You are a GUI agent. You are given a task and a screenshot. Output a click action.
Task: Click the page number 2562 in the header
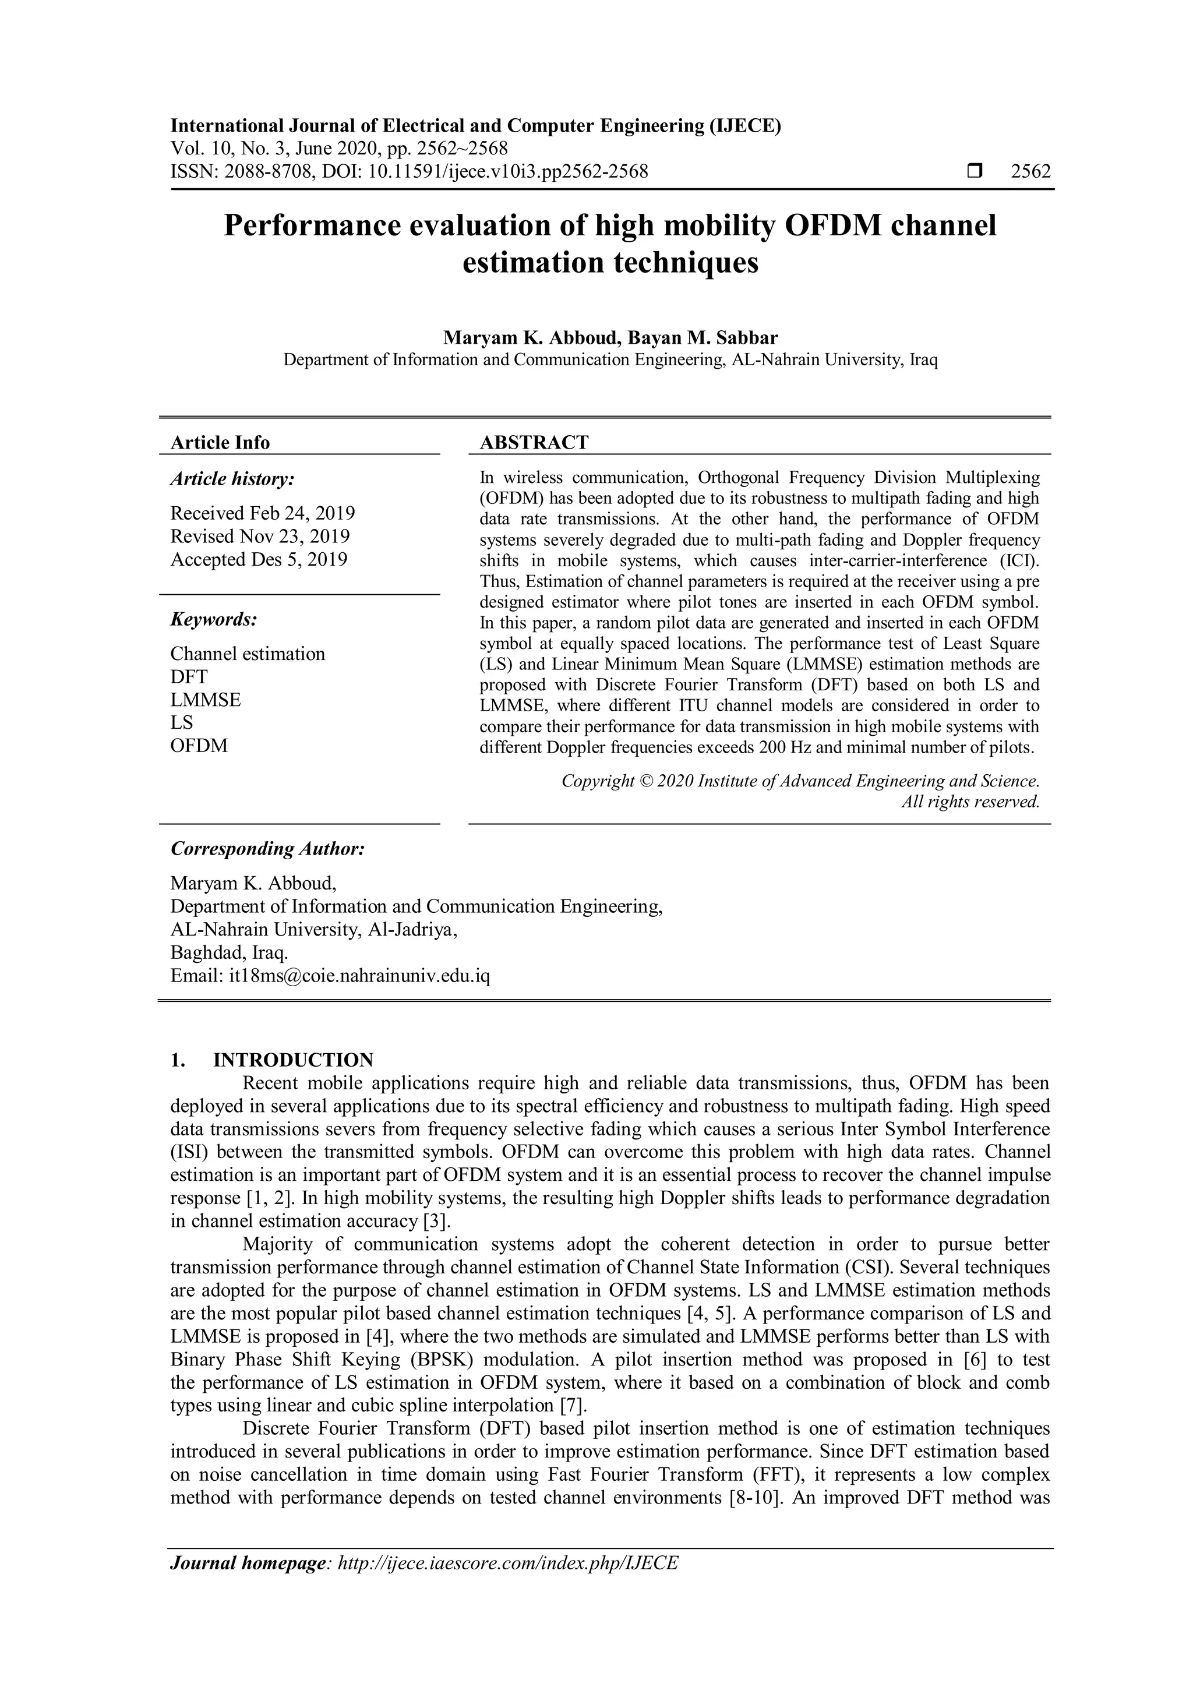(x=1030, y=172)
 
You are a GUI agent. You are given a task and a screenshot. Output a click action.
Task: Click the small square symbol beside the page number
(x=975, y=172)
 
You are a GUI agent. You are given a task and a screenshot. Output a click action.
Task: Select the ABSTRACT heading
(x=534, y=442)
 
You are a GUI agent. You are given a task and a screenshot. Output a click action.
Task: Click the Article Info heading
(x=220, y=442)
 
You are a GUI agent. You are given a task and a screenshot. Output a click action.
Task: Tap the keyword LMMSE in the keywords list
(x=206, y=700)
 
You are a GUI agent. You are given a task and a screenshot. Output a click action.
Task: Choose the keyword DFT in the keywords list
(x=189, y=677)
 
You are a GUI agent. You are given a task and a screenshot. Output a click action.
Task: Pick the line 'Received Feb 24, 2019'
(x=262, y=513)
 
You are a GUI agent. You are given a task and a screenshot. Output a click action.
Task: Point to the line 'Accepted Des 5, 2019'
(x=259, y=559)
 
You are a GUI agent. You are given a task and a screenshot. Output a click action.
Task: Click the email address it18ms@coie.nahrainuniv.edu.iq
(x=359, y=976)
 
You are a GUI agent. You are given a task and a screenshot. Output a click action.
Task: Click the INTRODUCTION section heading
(x=293, y=1060)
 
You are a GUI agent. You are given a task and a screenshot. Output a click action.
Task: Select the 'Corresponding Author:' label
(x=267, y=849)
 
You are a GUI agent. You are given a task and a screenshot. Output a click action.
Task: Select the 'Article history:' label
(x=232, y=479)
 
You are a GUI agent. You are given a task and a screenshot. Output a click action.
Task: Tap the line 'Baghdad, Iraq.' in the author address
(x=229, y=953)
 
